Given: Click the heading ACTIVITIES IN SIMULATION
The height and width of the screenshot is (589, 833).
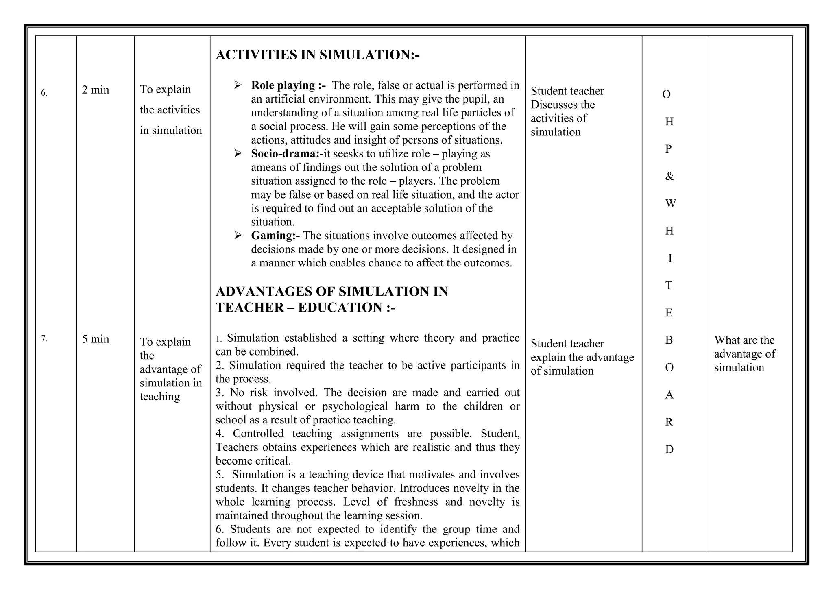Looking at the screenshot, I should tap(317, 55).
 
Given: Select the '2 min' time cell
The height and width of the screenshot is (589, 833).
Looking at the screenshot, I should tap(96, 90).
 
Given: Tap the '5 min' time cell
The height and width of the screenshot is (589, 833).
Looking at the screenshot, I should tap(96, 339).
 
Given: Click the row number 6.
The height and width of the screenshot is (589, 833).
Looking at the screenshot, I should tap(44, 93).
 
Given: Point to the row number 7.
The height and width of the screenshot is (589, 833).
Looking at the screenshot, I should tap(44, 338).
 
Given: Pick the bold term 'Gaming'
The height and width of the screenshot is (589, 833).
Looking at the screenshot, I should tap(275, 236).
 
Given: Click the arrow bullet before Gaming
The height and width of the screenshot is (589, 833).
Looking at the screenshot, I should tap(238, 235).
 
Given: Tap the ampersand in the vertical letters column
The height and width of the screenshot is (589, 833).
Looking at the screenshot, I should tap(669, 176).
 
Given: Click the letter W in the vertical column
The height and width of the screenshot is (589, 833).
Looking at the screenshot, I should tap(670, 203).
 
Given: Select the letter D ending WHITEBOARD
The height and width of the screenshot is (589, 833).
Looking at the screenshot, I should tap(669, 449).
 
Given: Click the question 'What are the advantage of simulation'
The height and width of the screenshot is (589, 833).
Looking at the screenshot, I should tap(744, 354).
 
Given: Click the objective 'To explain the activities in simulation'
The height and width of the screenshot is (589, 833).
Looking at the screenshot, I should tap(170, 110).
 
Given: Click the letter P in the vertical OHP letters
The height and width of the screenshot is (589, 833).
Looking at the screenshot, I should tap(668, 149).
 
